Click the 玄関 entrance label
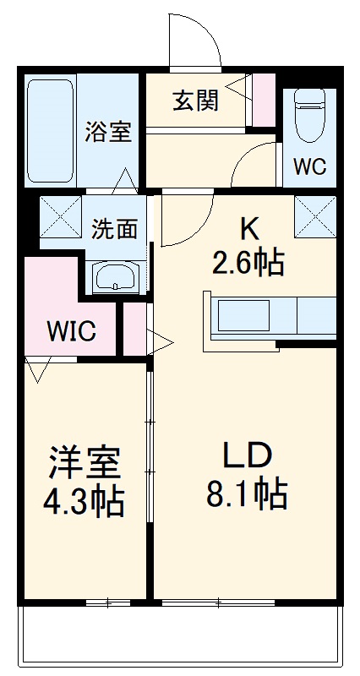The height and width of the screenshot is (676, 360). click(x=197, y=100)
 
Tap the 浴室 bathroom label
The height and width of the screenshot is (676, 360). click(x=109, y=132)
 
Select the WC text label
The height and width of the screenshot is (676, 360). click(x=309, y=166)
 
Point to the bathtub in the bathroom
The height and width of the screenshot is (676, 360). click(x=51, y=131)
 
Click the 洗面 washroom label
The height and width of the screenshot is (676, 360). click(x=115, y=228)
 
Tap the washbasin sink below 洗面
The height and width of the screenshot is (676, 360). click(x=114, y=276)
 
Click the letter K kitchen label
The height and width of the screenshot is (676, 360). click(x=248, y=228)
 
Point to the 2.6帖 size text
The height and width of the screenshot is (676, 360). click(x=247, y=264)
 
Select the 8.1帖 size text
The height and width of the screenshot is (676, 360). click(x=246, y=493)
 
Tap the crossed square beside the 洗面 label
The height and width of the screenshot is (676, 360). click(x=61, y=217)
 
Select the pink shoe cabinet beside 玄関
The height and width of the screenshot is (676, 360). click(x=264, y=101)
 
